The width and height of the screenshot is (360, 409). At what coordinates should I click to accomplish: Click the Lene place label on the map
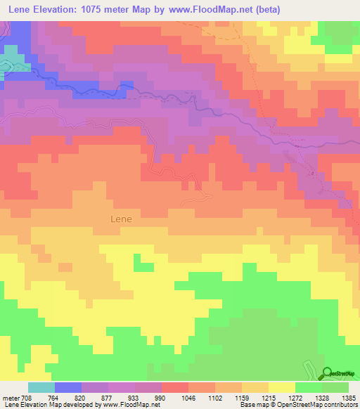pyautogui.click(x=121, y=219)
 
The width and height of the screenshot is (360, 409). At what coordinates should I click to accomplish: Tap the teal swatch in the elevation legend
pyautogui.click(x=41, y=387)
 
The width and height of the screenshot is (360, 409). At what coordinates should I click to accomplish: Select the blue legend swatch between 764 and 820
pyautogui.click(x=68, y=387)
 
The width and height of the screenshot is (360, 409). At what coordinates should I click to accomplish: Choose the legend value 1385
pyautogui.click(x=349, y=398)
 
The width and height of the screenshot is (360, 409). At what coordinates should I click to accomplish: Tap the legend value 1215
pyautogui.click(x=269, y=398)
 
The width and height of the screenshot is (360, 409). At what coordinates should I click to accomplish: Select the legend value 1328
pyautogui.click(x=322, y=398)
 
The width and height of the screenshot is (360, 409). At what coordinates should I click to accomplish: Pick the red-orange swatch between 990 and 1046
pyautogui.click(x=174, y=387)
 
